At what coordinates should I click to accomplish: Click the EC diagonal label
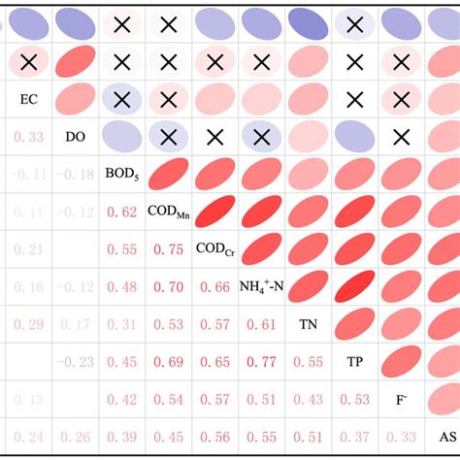coord(27,99)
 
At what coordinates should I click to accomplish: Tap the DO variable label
coord(75,137)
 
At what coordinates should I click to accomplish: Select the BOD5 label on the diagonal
coord(121,174)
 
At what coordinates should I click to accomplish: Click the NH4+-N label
coord(262,286)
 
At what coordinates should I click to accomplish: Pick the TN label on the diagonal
coord(309,323)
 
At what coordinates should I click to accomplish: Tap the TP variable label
coord(355,361)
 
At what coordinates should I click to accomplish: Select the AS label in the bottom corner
coord(447,436)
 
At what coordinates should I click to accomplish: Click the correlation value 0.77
coord(262,362)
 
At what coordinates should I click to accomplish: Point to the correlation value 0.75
coord(169,249)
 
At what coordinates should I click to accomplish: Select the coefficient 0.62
coord(121,212)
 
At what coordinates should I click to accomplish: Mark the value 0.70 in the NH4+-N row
coord(169,287)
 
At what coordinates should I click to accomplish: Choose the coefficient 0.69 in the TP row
coord(169,362)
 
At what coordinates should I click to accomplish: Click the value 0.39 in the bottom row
coord(121,437)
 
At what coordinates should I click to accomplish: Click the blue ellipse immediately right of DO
coord(121,137)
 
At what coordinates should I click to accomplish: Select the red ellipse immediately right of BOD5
coord(168,175)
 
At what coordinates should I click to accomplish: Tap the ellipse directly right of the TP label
coord(402,361)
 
